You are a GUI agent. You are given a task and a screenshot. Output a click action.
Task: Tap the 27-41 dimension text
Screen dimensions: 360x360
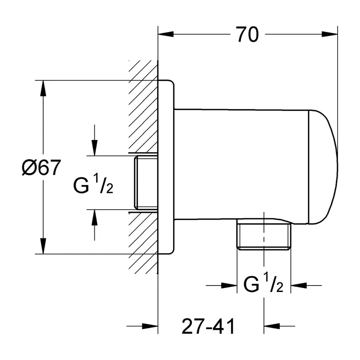[208, 326]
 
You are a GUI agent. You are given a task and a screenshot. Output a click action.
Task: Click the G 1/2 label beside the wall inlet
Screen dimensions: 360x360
[93, 185]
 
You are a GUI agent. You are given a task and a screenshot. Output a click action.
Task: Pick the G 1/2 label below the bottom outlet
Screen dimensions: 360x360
[264, 285]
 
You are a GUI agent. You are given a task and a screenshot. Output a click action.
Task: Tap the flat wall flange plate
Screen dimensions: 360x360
[166, 167]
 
